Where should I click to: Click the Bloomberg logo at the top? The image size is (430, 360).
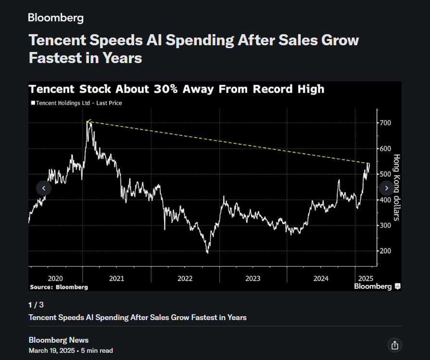coord(56,18)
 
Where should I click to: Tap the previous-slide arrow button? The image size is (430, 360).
coord(44,188)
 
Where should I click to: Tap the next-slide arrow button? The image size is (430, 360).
coord(386,188)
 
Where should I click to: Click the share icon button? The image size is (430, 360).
coord(394,345)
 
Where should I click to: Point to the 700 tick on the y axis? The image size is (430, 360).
coord(385,123)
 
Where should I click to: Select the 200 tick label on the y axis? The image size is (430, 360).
coord(385,251)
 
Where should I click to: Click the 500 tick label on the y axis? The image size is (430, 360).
coord(385,174)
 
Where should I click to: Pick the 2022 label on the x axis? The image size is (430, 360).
coord(185,279)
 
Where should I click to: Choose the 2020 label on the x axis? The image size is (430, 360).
coord(55,279)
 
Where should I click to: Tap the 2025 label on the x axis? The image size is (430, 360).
coord(366,279)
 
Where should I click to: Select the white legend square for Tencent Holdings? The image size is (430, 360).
coord(33,103)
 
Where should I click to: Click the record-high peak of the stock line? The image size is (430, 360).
coord(89,122)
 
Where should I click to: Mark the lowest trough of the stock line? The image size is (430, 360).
coord(208,253)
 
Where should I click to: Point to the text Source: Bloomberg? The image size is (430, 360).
coord(59,287)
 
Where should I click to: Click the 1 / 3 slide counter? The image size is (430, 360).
coord(36,305)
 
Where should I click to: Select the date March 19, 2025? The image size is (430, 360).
coord(52,350)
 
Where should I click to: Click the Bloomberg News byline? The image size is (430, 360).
coord(59,340)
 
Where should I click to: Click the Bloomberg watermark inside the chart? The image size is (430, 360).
coord(373,286)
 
